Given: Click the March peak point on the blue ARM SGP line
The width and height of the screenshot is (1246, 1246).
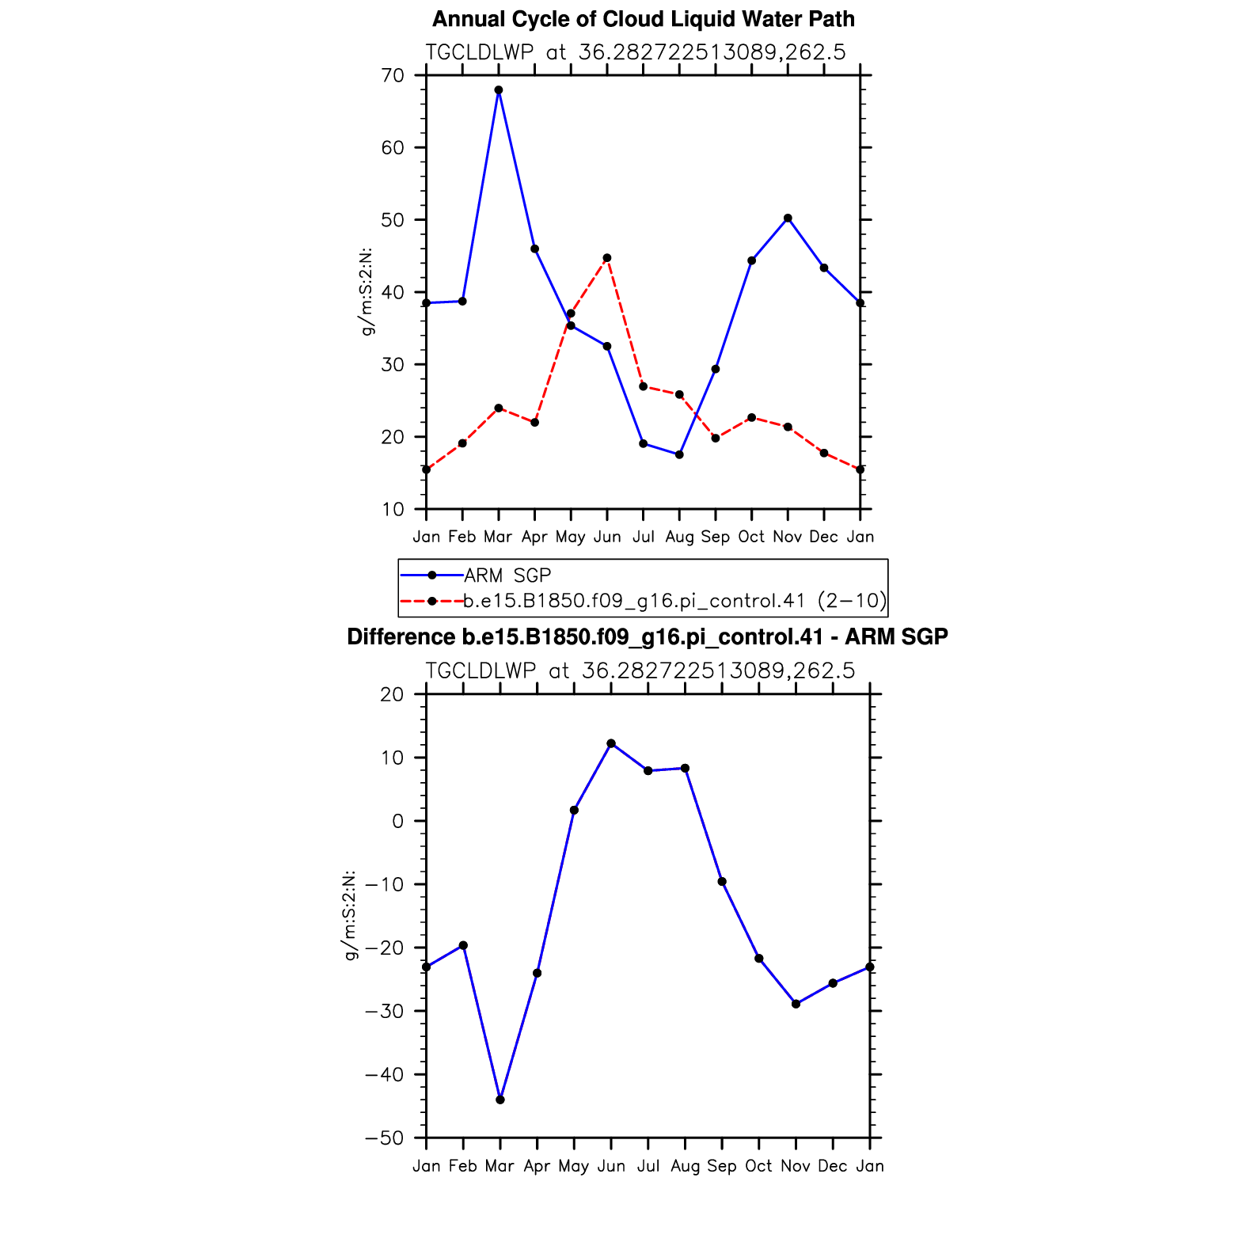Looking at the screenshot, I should point(499,90).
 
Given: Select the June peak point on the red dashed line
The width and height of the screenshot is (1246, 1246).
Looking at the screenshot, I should point(607,258).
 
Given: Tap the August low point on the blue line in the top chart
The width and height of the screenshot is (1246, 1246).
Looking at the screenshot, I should point(679,454).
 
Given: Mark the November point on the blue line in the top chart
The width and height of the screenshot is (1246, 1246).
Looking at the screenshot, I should point(788,218).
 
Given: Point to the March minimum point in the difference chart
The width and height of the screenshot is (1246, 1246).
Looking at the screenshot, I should point(500,1100).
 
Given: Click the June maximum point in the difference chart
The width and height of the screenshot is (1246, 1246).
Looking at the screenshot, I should point(611,743).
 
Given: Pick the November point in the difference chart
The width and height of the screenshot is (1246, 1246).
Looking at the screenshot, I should point(796,1004).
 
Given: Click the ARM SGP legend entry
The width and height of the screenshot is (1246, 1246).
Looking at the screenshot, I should point(507,576).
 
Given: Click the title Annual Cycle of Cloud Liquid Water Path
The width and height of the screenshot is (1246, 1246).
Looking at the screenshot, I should point(643,19).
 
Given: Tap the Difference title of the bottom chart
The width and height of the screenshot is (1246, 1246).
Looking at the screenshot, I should point(648,637).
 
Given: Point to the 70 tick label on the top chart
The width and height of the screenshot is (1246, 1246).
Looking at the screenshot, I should point(393,76).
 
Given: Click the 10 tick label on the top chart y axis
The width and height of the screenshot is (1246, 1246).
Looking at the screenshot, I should point(393,509).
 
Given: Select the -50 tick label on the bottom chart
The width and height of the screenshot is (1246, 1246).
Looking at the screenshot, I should point(385,1138).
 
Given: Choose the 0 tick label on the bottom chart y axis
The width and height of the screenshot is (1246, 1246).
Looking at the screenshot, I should point(397,822).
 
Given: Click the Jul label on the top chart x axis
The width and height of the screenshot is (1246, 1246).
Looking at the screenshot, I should point(644,537).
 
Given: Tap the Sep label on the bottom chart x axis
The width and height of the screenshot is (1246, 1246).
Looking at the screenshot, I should point(722,1166).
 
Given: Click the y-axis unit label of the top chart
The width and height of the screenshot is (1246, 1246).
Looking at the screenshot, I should point(367,292).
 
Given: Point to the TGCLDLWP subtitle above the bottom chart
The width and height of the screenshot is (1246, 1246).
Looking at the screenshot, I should point(640,671).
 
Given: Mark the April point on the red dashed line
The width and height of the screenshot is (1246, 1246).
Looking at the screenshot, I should point(535,423).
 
